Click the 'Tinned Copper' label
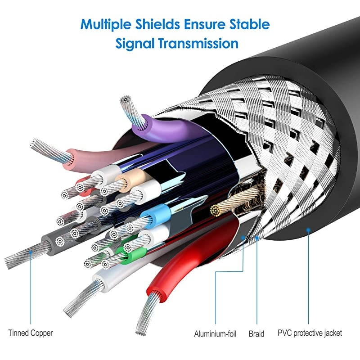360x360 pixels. click(x=31, y=333)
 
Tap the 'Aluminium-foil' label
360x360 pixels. click(x=215, y=333)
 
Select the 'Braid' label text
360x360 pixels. click(x=256, y=333)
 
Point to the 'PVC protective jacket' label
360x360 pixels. click(x=310, y=333)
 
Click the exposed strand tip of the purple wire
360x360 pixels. click(x=126, y=99)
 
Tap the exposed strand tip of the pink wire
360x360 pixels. click(x=34, y=143)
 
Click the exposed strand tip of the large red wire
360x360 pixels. click(x=140, y=332)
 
